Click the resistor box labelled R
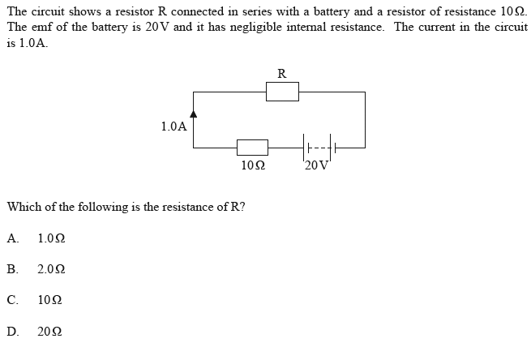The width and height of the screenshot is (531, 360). pyautogui.click(x=282, y=92)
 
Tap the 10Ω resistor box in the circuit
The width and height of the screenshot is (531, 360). pyautogui.click(x=252, y=148)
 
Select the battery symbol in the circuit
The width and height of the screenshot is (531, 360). pyautogui.click(x=319, y=148)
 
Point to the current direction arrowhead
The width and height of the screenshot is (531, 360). pyautogui.click(x=193, y=117)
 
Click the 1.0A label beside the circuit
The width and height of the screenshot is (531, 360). pyautogui.click(x=173, y=126)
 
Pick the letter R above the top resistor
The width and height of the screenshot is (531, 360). pyautogui.click(x=281, y=74)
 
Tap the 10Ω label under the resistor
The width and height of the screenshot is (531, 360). pyautogui.click(x=253, y=165)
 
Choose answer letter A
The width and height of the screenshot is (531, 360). pyautogui.click(x=11, y=238)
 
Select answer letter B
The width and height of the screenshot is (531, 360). pyautogui.click(x=11, y=269)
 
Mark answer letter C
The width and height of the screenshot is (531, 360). pyautogui.click(x=11, y=300)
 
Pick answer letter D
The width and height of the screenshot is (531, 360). pyautogui.click(x=11, y=331)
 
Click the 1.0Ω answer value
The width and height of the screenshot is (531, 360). pyautogui.click(x=51, y=238)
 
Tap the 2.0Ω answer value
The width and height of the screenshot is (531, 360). pyautogui.click(x=51, y=269)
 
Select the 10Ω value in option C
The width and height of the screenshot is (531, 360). pyautogui.click(x=49, y=300)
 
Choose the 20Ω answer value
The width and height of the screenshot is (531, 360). pyautogui.click(x=49, y=331)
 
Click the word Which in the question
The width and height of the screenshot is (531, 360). pyautogui.click(x=23, y=207)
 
